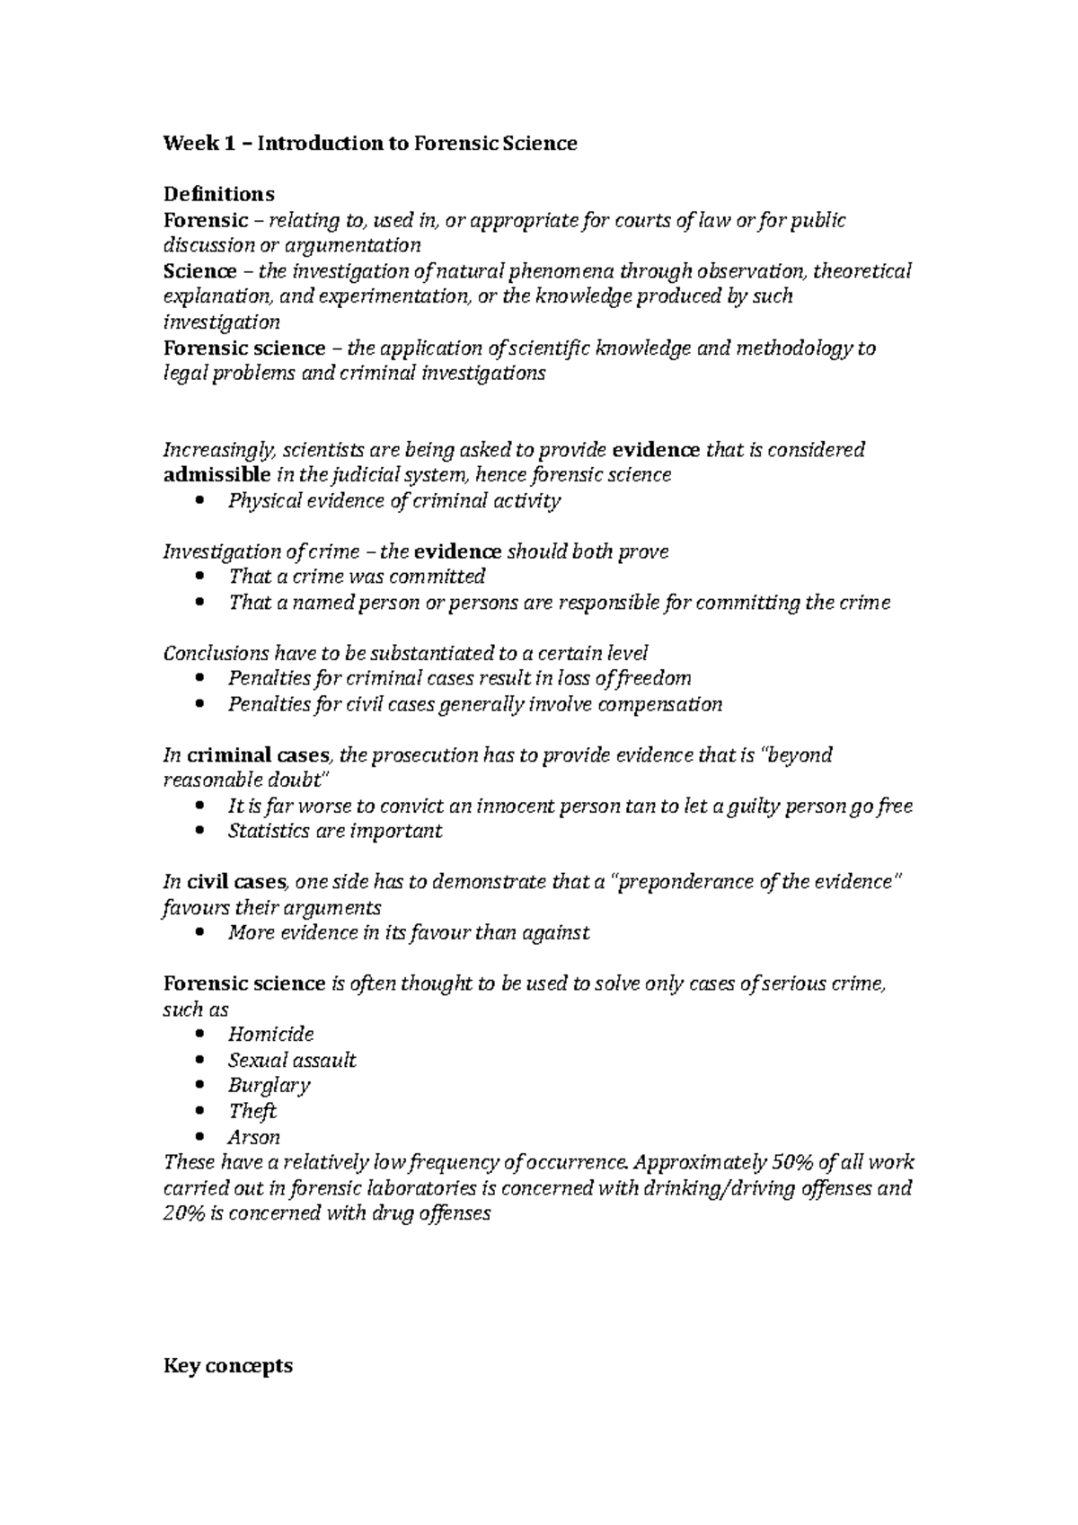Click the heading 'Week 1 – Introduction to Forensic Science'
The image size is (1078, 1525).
pos(369,143)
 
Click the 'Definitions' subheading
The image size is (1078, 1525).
pos(218,194)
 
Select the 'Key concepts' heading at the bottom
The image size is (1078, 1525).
pos(227,1366)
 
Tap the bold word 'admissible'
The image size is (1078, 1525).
pos(216,474)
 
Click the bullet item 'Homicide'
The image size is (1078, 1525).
pos(270,1034)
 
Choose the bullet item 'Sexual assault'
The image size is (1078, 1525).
pos(292,1060)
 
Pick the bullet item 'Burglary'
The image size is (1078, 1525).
pos(269,1085)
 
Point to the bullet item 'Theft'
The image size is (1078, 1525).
pos(252,1111)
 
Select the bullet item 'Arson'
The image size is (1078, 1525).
pos(254,1137)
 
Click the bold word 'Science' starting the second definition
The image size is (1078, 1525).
pos(199,271)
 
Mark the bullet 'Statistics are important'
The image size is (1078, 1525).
pos(334,831)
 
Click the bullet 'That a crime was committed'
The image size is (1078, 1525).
pos(357,576)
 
